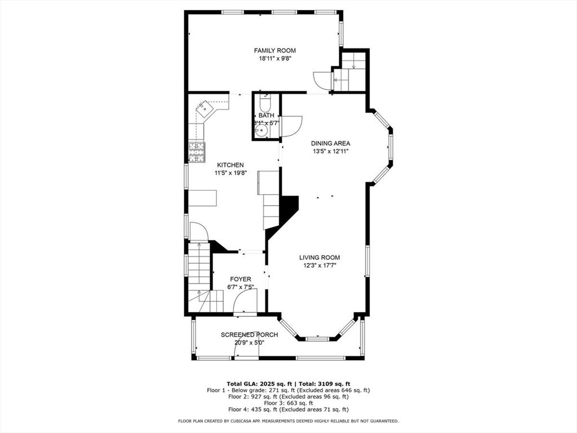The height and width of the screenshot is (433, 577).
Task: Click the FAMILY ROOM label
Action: (274, 51)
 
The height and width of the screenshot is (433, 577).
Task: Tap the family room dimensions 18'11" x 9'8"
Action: (274, 59)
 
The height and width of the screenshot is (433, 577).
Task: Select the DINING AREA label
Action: (331, 143)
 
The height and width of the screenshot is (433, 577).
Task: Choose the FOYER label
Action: (241, 279)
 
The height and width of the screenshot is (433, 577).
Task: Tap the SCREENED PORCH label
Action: (249, 334)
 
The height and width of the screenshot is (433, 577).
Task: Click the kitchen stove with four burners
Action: (196, 152)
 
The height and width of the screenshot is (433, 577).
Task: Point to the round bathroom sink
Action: (261, 131)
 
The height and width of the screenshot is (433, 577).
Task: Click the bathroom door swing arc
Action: (291, 124)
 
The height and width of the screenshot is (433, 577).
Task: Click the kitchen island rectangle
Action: (202, 198)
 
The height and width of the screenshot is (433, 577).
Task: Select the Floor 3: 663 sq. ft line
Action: (288, 403)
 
